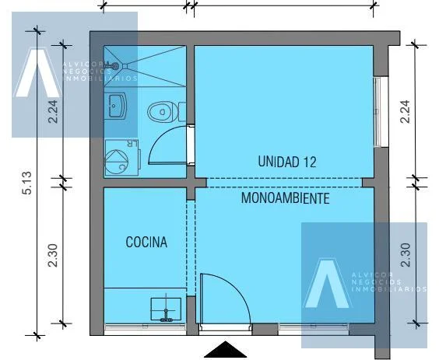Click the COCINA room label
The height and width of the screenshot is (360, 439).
(146, 243)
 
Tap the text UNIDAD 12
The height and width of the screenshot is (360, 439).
(287, 162)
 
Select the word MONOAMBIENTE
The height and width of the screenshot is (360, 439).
(285, 198)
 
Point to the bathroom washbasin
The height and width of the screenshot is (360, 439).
(115, 106)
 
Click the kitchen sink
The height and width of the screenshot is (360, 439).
(166, 309)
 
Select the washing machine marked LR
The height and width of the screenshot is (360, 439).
(122, 158)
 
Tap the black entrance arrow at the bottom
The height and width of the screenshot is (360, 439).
(226, 350)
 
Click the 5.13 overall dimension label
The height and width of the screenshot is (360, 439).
(28, 183)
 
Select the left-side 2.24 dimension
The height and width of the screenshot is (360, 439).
(53, 111)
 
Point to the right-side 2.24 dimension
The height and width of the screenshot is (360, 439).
(406, 111)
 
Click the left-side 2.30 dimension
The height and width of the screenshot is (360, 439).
(53, 255)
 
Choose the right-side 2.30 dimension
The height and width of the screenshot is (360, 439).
(406, 255)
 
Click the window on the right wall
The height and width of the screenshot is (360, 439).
(378, 112)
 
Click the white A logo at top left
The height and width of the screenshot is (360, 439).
(37, 73)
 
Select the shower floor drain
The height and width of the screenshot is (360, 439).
(125, 66)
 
